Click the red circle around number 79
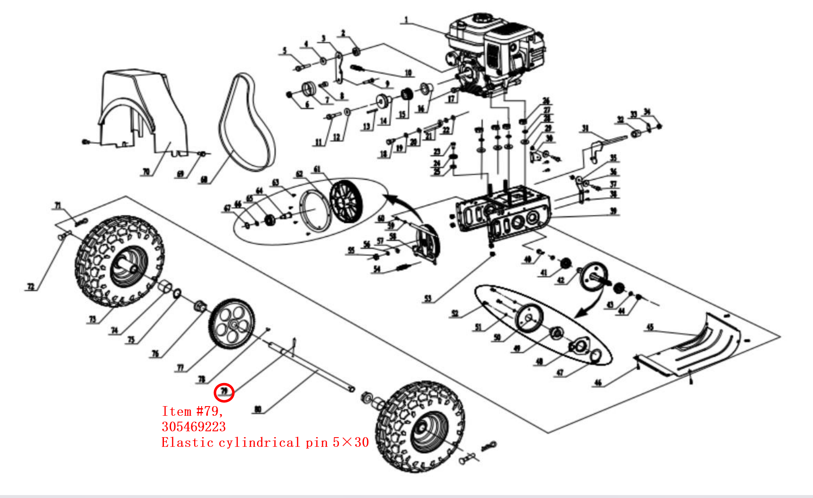point(224,392)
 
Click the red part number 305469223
point(194,427)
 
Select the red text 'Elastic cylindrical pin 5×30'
point(265,442)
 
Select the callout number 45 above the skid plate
point(650,327)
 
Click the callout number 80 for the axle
point(258,409)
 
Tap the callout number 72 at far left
point(31,287)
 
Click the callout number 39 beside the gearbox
point(613,211)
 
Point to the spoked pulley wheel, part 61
point(346,201)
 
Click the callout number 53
point(428,298)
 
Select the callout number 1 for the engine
point(406,20)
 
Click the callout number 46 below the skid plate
point(598,382)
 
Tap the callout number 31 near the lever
point(585,128)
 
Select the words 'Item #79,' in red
point(192,411)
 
